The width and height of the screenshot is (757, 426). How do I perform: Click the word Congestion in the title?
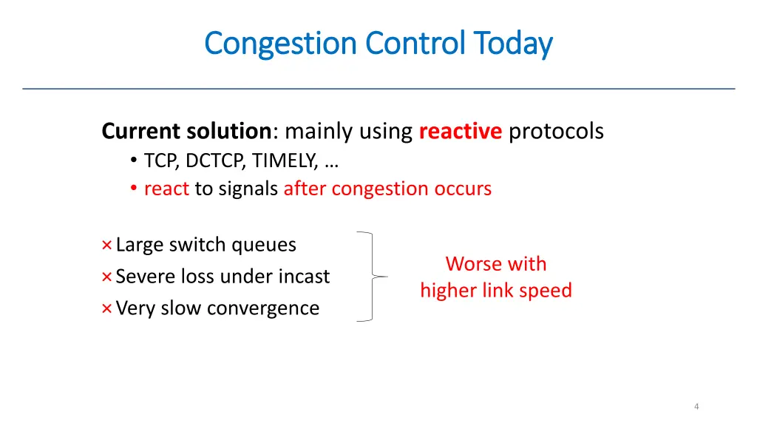(x=280, y=44)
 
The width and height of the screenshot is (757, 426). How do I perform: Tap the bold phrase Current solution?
(x=186, y=132)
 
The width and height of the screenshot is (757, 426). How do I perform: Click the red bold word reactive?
(x=460, y=132)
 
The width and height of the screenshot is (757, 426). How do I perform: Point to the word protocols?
(x=556, y=132)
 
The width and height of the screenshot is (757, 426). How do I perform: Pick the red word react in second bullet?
(x=166, y=189)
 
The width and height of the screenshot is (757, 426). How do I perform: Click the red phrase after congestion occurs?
(x=387, y=189)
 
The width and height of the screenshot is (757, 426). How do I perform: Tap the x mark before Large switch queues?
(x=106, y=245)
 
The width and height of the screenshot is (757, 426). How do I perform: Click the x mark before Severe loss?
(x=106, y=277)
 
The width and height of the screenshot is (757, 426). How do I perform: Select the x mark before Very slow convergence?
(x=106, y=308)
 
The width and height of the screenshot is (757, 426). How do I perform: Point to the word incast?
(x=304, y=277)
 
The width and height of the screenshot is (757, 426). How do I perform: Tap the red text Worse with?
(x=496, y=264)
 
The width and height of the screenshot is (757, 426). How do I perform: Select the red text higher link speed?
(x=496, y=290)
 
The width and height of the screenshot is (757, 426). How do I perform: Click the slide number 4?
(x=696, y=406)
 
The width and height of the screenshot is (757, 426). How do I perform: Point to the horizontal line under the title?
(x=378, y=89)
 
